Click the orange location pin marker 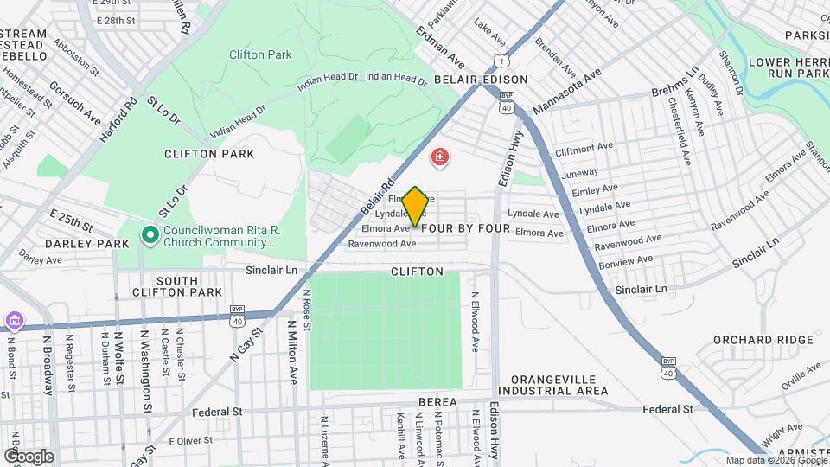[x=415, y=206]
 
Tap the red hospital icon [x=440, y=157]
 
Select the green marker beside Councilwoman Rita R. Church [x=150, y=234]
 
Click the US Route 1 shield [x=501, y=58]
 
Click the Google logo [x=29, y=456]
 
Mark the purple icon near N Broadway [x=14, y=321]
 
